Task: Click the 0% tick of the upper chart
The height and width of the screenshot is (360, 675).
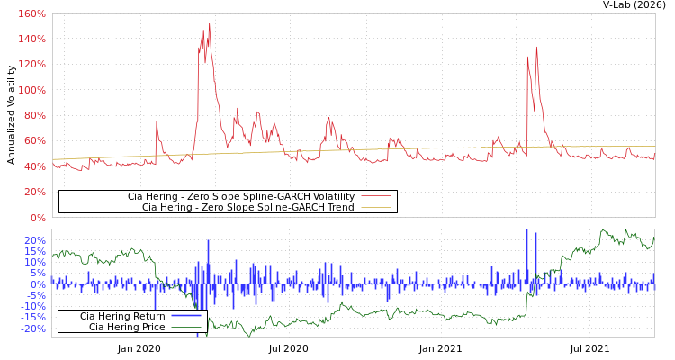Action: [x=37, y=217]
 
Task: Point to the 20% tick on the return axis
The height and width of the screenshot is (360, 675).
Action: [x=35, y=240]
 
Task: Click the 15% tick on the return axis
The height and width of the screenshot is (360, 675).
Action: [x=35, y=251]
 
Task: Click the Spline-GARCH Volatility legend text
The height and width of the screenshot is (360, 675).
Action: [x=240, y=196]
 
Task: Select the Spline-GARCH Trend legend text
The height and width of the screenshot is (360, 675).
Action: [x=247, y=207]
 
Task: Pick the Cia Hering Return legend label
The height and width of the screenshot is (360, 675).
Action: [x=122, y=316]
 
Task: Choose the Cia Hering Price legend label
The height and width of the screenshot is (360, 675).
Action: [x=127, y=327]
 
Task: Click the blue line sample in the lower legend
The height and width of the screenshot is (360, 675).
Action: [x=185, y=316]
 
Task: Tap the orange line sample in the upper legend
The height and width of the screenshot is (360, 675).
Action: [x=375, y=207]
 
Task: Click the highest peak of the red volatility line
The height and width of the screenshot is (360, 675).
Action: [x=210, y=23]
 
